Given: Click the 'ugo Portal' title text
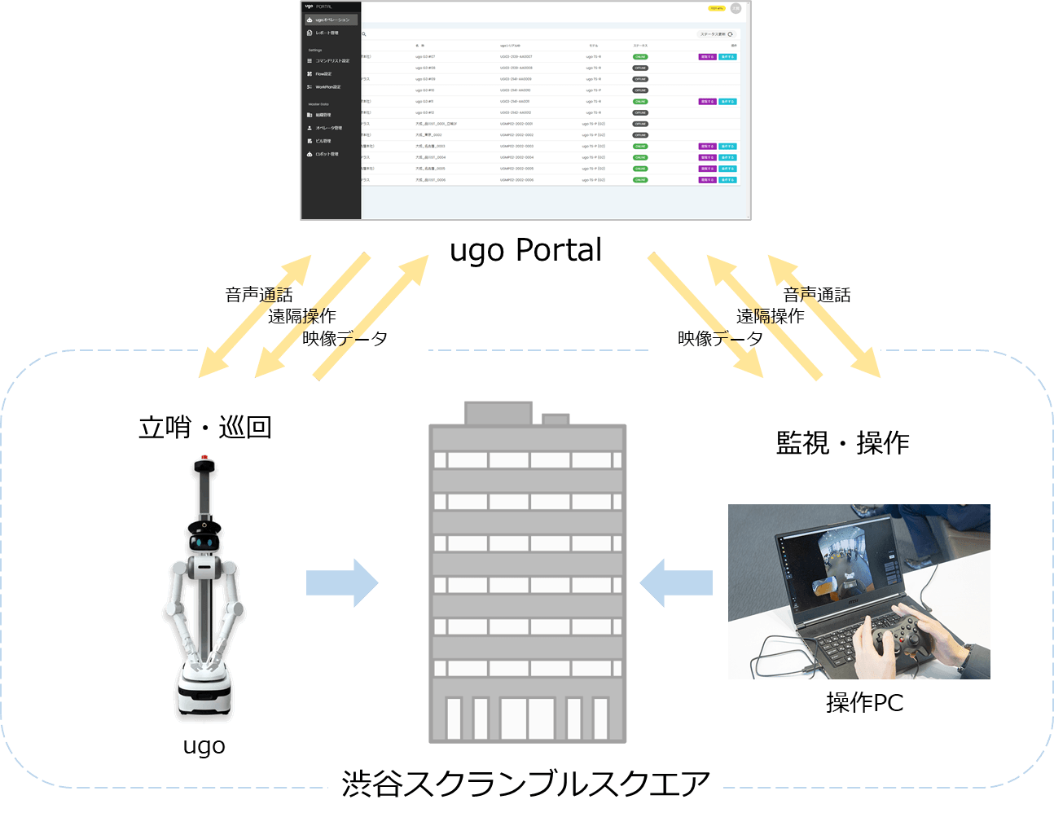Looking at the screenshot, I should pyautogui.click(x=525, y=250).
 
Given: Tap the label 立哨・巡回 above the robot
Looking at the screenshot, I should pyautogui.click(x=204, y=427).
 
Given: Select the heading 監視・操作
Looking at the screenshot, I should pyautogui.click(x=842, y=443).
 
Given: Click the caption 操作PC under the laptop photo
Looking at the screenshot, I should pyautogui.click(x=864, y=702).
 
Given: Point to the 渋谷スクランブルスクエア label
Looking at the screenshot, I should pyautogui.click(x=525, y=784).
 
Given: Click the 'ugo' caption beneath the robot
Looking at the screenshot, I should pyautogui.click(x=204, y=746).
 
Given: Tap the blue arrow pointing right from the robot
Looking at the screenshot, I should pyautogui.click(x=342, y=582).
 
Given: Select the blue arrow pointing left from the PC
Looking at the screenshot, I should pyautogui.click(x=676, y=582).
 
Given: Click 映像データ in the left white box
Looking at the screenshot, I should pyautogui.click(x=345, y=338).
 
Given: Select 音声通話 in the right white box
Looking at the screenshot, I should pyautogui.click(x=816, y=295).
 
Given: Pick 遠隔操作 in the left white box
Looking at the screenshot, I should pyautogui.click(x=301, y=316).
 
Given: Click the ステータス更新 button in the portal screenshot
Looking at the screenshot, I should pyautogui.click(x=716, y=34).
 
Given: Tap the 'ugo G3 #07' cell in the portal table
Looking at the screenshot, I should pyautogui.click(x=425, y=57).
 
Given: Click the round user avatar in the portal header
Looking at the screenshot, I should pyautogui.click(x=736, y=8).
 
